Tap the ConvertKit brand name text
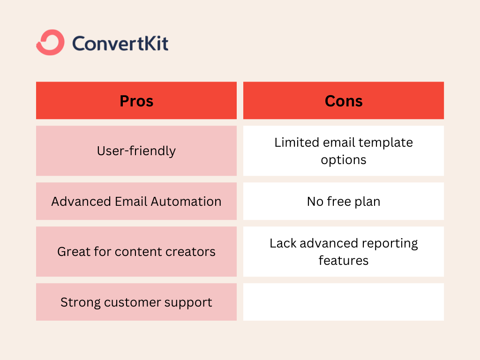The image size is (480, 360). [120, 43]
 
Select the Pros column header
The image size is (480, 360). [136, 100]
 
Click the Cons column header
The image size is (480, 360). [344, 100]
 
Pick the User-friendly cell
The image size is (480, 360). [136, 150]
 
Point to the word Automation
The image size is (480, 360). [186, 202]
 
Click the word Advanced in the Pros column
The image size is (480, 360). [81, 202]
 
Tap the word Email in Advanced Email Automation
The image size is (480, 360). [131, 202]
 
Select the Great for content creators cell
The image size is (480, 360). [136, 251]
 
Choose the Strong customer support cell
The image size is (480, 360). [136, 302]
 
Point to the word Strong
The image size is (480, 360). [81, 302]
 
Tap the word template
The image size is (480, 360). [386, 143]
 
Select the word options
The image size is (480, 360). [344, 160]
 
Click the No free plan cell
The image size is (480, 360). [344, 201]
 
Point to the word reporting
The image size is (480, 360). [390, 244]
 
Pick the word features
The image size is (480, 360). [344, 261]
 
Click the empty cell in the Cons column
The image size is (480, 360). [344, 302]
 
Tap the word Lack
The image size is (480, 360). [283, 243]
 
